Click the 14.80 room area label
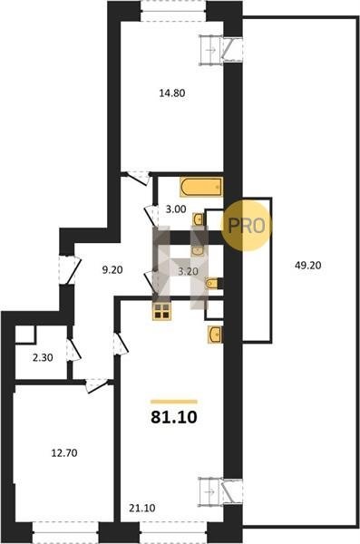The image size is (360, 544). click(172, 93)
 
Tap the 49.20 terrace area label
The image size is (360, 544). click(308, 266)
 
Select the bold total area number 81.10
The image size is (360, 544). click(174, 417)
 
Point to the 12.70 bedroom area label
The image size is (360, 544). click(64, 452)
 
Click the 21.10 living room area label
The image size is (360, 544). click(142, 509)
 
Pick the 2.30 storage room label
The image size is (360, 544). click(43, 358)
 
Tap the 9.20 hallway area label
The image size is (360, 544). click(112, 270)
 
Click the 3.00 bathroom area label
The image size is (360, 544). click(176, 209)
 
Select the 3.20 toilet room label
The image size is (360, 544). click(188, 271)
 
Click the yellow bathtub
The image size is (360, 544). click(201, 188)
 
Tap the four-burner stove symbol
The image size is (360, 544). click(161, 311)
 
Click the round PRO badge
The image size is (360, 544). click(246, 226)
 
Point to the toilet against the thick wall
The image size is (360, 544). click(214, 284)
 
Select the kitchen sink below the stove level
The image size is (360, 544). click(215, 335)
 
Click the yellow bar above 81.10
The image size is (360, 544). click(174, 402)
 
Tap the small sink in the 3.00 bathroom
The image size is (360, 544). click(199, 219)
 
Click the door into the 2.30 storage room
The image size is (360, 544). click(73, 350)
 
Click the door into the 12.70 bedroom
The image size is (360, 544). click(96, 385)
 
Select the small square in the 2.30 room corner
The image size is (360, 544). click(25, 334)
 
